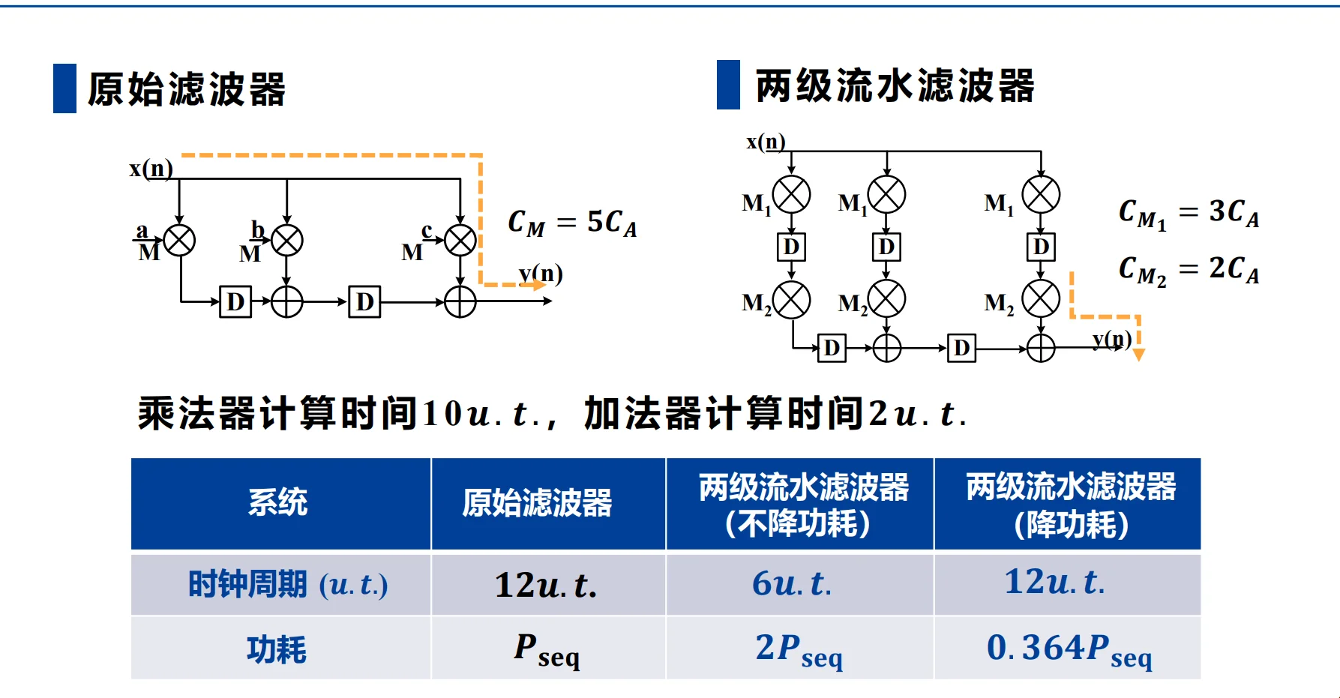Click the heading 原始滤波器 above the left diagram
(187, 89)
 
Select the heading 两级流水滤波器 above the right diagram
(895, 85)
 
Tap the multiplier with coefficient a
(180, 241)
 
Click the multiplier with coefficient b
(287, 241)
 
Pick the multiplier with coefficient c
(460, 241)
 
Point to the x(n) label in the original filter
(151, 169)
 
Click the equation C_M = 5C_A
(572, 223)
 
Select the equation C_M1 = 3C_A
(1189, 214)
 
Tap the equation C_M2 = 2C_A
(1189, 270)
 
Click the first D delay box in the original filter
(235, 302)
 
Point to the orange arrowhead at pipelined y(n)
(1138, 355)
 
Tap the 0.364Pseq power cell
(1068, 649)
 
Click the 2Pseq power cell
(800, 649)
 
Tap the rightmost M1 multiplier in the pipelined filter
(1041, 195)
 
